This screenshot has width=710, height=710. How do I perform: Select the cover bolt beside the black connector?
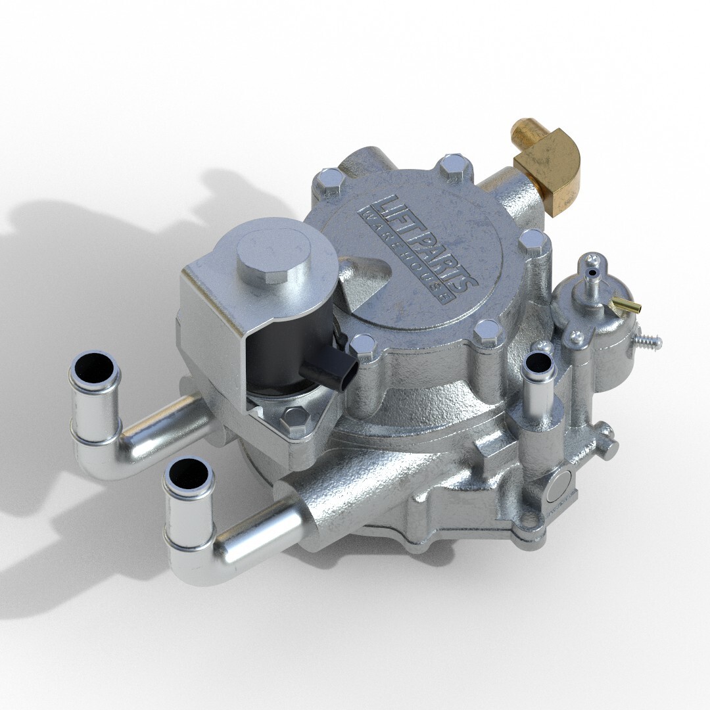tap(363, 345)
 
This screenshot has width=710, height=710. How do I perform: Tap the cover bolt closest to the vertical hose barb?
tap(488, 333)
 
